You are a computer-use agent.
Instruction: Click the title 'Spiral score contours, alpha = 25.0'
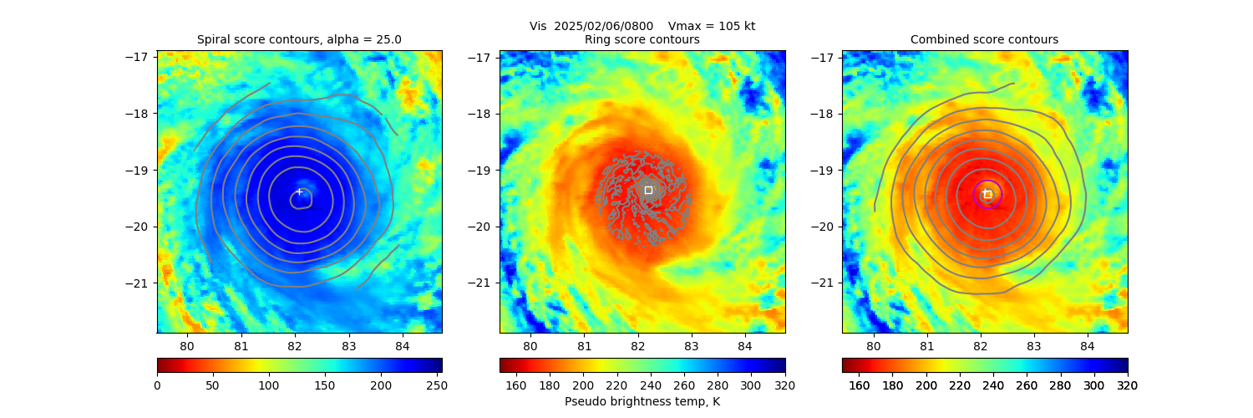click(x=299, y=39)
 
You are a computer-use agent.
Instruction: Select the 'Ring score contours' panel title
click(x=642, y=39)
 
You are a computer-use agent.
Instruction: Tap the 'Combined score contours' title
click(x=984, y=39)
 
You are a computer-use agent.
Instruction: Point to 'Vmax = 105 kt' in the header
click(x=712, y=26)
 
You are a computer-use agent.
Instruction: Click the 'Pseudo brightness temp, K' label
click(x=642, y=401)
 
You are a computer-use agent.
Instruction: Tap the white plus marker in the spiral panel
click(x=299, y=191)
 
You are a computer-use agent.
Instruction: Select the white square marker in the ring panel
click(x=648, y=190)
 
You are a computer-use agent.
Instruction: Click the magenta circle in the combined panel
click(x=987, y=194)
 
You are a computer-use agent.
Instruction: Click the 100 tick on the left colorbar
click(x=269, y=385)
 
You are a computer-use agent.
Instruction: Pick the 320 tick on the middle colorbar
click(x=784, y=385)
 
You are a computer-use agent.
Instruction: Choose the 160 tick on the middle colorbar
click(x=516, y=385)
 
